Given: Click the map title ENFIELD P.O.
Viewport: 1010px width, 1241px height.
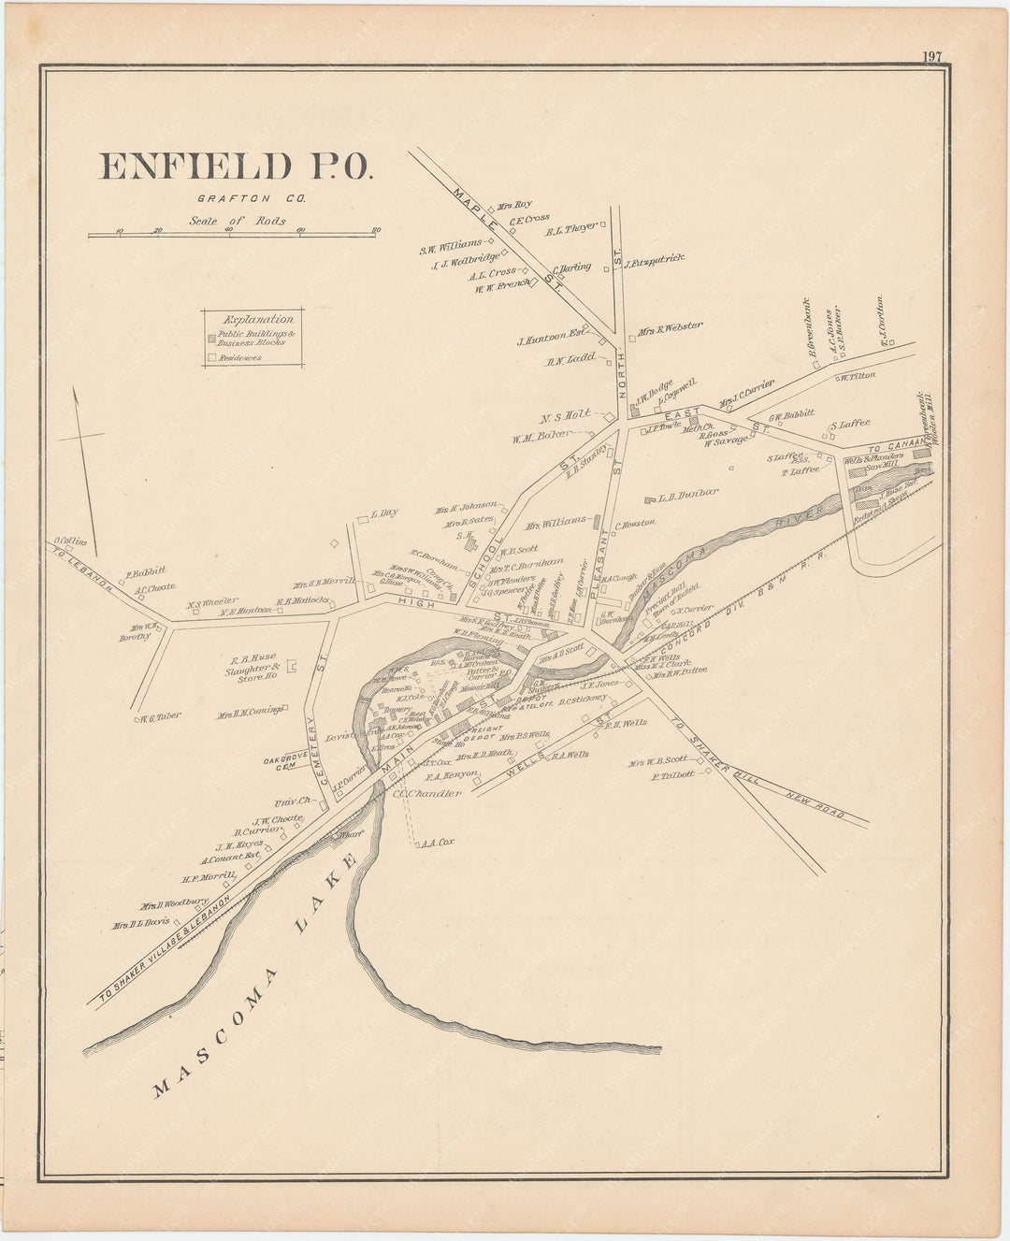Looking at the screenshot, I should point(236,166).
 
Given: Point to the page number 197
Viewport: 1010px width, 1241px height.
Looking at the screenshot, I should point(931,56).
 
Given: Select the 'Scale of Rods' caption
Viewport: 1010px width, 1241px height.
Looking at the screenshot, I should point(237,221).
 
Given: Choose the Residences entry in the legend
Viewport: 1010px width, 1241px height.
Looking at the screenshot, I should point(239,357).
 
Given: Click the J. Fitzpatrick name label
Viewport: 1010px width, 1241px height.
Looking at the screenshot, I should point(654,259).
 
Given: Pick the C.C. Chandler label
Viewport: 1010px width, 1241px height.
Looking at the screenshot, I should point(427,793).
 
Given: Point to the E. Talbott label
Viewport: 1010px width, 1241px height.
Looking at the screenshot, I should point(673,775).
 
